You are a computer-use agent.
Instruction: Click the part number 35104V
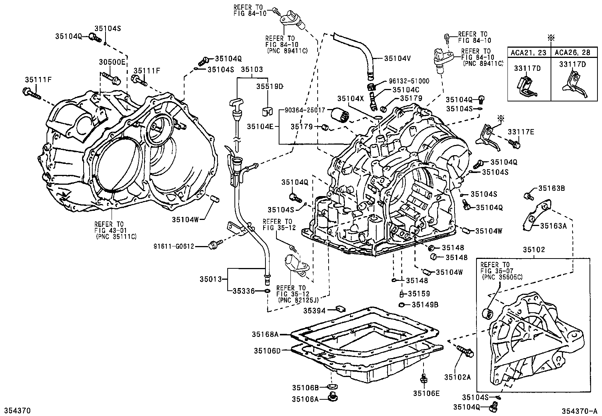[x=397, y=58]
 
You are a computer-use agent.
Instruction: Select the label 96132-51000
[x=409, y=81]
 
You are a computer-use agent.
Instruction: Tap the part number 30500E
[x=112, y=62]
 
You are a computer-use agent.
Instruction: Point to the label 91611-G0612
[x=174, y=246]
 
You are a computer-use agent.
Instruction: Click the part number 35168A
[x=265, y=334]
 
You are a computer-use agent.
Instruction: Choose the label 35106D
[x=267, y=351]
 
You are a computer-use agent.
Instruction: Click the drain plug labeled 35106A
[x=334, y=398]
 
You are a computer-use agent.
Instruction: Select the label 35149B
[x=425, y=304]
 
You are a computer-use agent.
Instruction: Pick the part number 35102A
[x=458, y=377]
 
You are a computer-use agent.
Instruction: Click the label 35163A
[x=554, y=226]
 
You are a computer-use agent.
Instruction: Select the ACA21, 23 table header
[x=529, y=53]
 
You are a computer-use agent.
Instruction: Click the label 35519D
[x=270, y=86]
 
